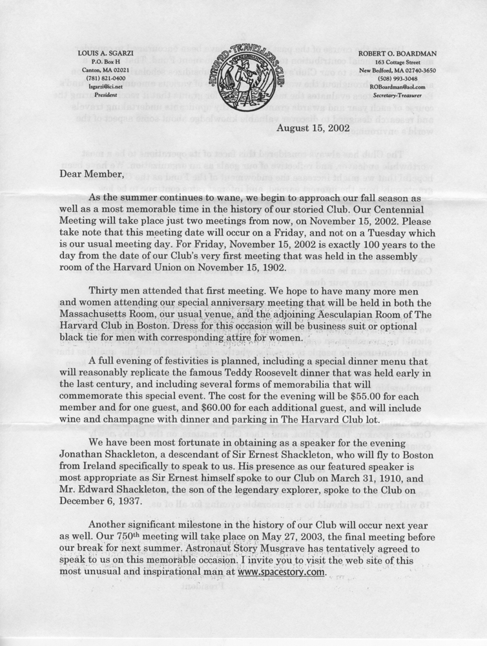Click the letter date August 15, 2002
313,127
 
